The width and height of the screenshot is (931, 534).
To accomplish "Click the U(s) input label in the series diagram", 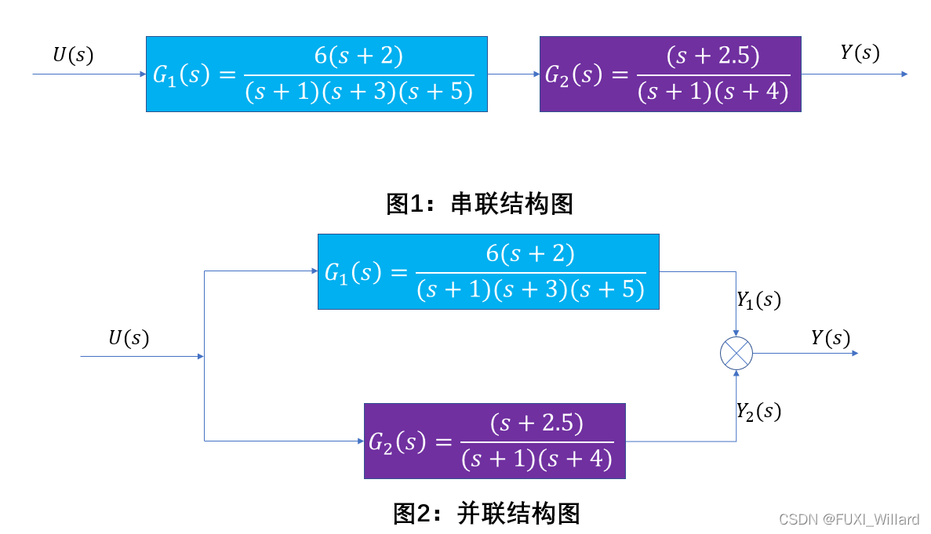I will click(73, 56).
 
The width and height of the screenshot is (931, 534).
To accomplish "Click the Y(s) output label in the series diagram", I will click(860, 53).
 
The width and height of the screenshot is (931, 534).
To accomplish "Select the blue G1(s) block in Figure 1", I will click(316, 74).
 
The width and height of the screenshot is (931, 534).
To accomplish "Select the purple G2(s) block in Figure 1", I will click(670, 74).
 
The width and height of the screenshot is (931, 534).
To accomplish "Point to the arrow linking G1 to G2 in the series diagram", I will click(513, 74).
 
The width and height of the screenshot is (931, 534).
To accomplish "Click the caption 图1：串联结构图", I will click(480, 204).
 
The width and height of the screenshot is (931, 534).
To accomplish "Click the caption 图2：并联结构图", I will click(486, 514).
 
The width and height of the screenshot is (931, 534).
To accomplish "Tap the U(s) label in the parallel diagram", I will click(129, 338).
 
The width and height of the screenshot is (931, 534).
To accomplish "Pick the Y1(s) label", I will click(758, 300).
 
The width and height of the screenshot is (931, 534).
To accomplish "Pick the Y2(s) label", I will click(758, 411).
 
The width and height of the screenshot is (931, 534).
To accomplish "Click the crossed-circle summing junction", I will click(736, 354).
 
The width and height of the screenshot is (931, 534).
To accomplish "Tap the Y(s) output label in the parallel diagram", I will click(831, 338).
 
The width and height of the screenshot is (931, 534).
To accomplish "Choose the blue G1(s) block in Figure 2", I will click(488, 271).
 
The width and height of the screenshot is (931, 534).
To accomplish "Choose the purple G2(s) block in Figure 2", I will click(494, 441).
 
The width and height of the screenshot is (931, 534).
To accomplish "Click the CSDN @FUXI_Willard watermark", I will click(849, 520).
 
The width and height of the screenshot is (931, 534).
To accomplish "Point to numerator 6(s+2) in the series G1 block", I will click(358, 56).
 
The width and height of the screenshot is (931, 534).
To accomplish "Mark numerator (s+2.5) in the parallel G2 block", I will click(536, 423).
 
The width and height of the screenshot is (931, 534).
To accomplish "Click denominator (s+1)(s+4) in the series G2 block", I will click(712, 93).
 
